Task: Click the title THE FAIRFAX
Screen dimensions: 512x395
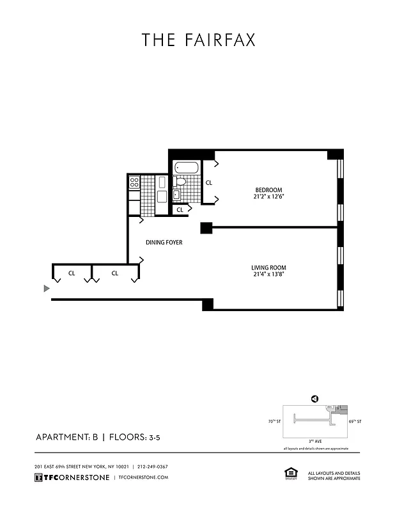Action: [x=198, y=40]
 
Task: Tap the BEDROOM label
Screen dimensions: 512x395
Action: [x=268, y=189]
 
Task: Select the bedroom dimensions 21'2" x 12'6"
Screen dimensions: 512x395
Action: [x=268, y=197]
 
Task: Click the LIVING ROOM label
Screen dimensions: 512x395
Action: [x=268, y=268]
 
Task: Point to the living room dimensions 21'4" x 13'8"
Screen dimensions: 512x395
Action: [x=268, y=275]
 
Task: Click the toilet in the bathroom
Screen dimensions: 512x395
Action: [x=180, y=182]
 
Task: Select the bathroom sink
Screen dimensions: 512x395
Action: [x=177, y=195]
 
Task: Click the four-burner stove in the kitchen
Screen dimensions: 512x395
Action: [x=134, y=183]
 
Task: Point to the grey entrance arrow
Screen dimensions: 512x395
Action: [x=46, y=289]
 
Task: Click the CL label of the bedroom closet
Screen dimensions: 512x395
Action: [x=208, y=182]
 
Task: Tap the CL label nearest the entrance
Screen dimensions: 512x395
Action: [x=72, y=273]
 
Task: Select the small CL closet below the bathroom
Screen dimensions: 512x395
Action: [x=180, y=209]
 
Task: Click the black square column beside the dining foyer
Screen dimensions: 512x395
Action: [x=206, y=227]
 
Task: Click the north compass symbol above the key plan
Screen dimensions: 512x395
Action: [x=314, y=399]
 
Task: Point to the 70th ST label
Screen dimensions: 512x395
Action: [x=275, y=422]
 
